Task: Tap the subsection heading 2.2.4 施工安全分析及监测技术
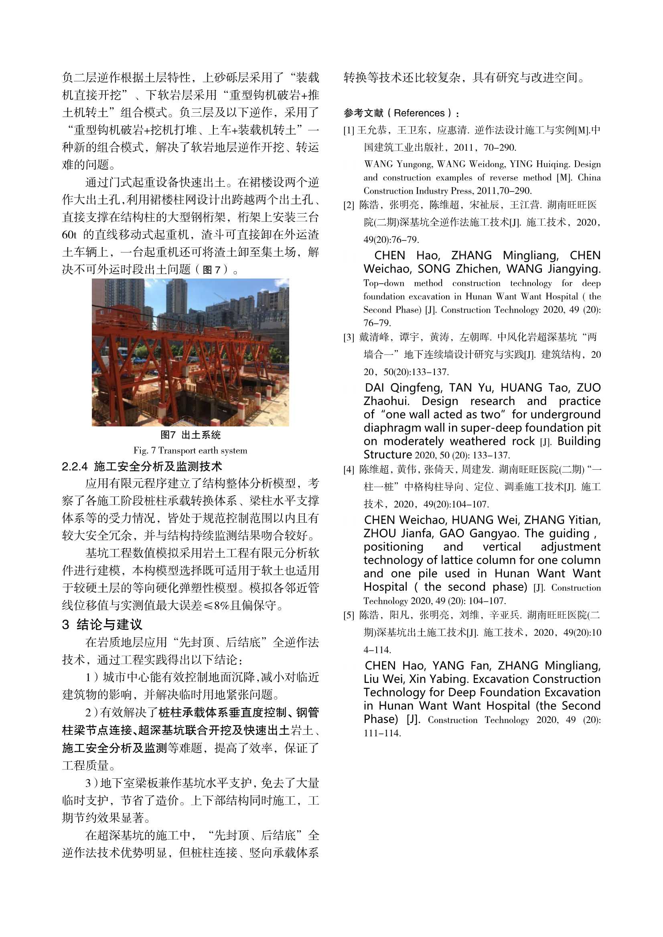pyautogui.click(x=142, y=466)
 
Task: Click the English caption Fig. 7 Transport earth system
pyautogui.click(x=191, y=450)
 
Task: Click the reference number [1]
pyautogui.click(x=349, y=131)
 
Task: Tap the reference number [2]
pyautogui.click(x=349, y=205)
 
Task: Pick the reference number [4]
pyautogui.click(x=349, y=470)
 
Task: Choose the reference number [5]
pyautogui.click(x=349, y=616)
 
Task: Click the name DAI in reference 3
pyautogui.click(x=375, y=387)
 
